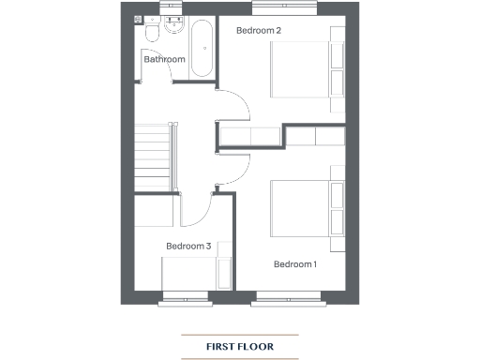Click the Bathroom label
(164, 60)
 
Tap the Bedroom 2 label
(259, 31)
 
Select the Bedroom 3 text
(187, 247)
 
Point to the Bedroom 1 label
(295, 264)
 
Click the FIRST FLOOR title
(240, 347)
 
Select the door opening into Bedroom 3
(197, 208)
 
